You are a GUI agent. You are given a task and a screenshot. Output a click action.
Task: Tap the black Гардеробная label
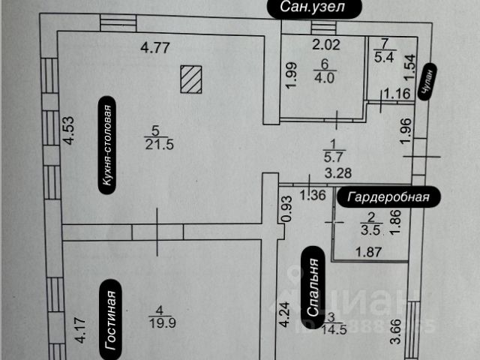(389, 197)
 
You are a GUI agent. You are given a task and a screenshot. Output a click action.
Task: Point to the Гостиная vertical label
(109, 321)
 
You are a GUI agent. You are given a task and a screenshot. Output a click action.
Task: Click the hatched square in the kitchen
(191, 79)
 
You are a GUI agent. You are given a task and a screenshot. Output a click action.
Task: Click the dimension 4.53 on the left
(68, 130)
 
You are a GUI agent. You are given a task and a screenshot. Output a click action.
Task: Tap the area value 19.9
(157, 323)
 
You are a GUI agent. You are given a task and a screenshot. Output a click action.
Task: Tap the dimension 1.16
(397, 94)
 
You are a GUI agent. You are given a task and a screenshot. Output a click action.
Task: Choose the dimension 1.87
(367, 251)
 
